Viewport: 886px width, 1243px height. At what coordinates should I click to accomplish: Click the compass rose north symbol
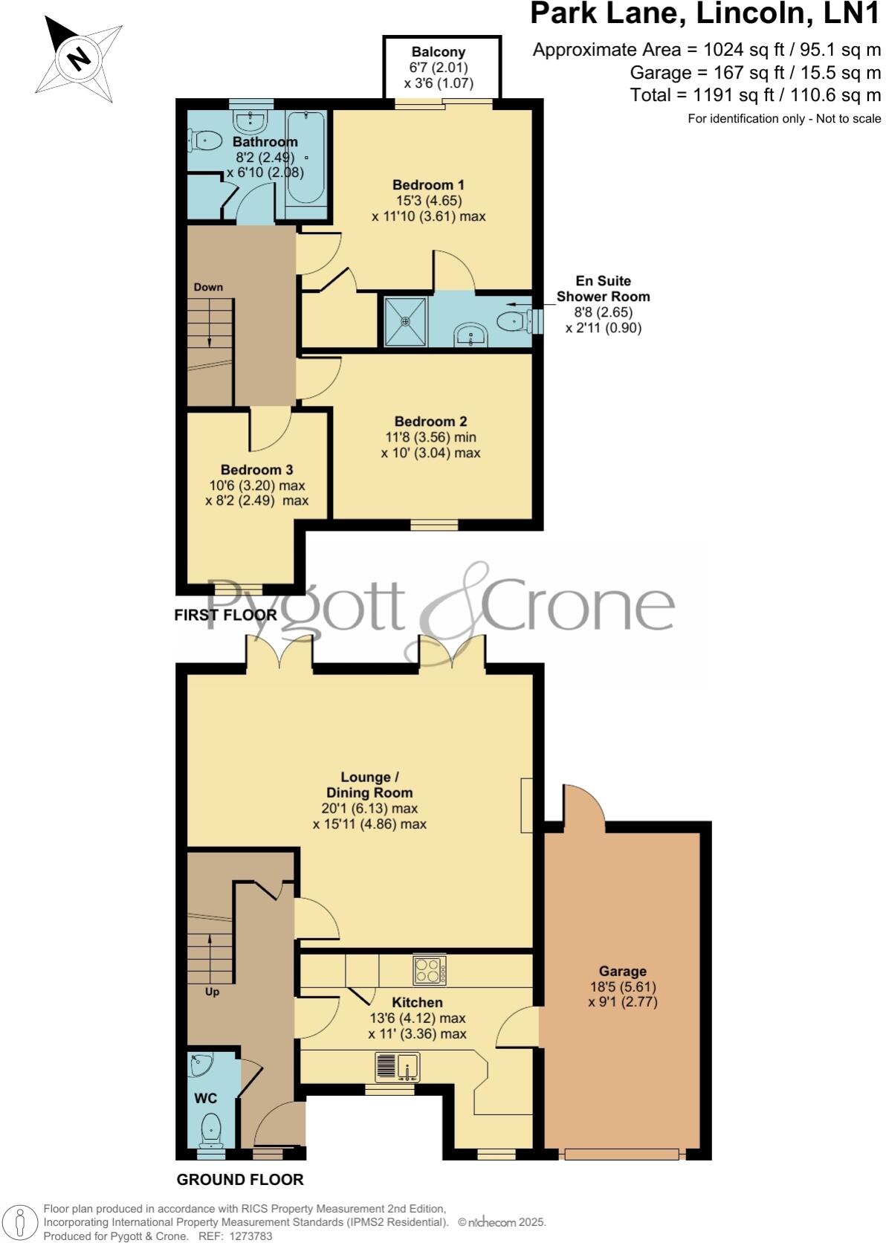(77, 58)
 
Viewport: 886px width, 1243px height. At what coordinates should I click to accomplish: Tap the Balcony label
(439, 52)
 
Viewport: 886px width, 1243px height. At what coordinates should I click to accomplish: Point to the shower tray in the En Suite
(406, 321)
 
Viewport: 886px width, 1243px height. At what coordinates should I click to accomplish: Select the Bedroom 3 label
(256, 470)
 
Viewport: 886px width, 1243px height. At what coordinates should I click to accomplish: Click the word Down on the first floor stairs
(208, 287)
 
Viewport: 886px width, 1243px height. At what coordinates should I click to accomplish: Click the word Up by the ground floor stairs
(212, 992)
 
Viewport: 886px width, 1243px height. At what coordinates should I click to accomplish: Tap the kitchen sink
(398, 1067)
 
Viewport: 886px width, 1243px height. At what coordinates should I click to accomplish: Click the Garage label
(622, 971)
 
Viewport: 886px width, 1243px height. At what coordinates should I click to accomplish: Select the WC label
(205, 1098)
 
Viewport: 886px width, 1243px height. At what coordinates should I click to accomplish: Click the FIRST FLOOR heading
(225, 615)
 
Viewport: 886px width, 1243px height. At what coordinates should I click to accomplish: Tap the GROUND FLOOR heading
(240, 1180)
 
